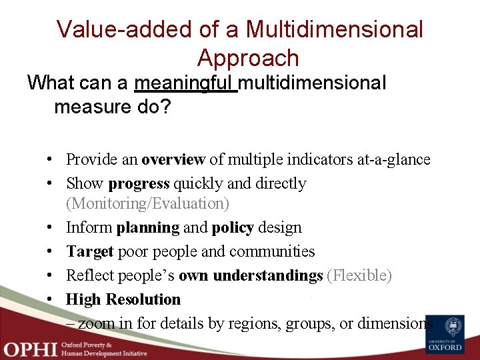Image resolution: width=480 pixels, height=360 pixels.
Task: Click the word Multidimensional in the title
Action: pyautogui.click(x=335, y=29)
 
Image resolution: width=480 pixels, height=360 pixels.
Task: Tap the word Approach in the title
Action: pyautogui.click(x=248, y=58)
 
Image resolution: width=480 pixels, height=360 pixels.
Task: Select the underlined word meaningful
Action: pyautogui.click(x=185, y=83)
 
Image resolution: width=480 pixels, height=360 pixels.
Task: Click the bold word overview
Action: pyautogui.click(x=173, y=159)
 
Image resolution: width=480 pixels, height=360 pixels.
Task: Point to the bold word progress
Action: pyautogui.click(x=139, y=183)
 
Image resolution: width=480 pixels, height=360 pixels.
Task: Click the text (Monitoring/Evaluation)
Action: pyautogui.click(x=147, y=203)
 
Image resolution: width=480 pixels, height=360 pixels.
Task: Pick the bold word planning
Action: pyautogui.click(x=147, y=227)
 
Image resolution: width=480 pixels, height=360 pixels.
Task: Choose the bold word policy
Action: pyautogui.click(x=233, y=227)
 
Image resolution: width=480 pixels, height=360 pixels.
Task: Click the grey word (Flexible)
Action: pyautogui.click(x=359, y=275)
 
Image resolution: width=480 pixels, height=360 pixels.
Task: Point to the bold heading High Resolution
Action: pyautogui.click(x=123, y=299)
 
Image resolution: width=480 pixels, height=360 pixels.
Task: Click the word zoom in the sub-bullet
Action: pyautogui.click(x=97, y=324)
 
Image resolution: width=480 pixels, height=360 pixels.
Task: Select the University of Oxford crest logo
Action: pyautogui.click(x=445, y=334)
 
